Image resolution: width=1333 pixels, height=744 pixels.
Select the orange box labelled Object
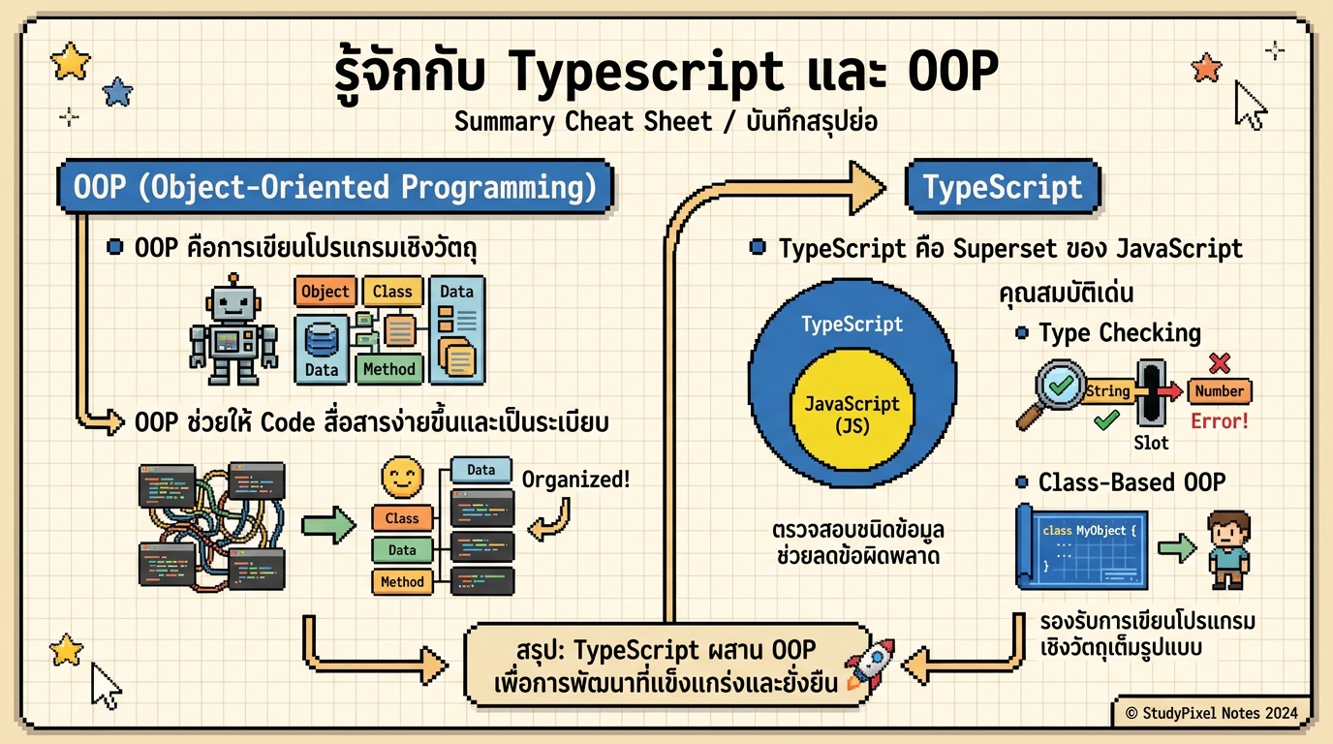pyautogui.click(x=325, y=292)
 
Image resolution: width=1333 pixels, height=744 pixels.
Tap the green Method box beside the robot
pyautogui.click(x=389, y=369)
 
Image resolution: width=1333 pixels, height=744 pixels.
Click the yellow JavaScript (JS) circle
pyautogui.click(x=852, y=413)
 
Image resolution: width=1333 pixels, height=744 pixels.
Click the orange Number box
pyautogui.click(x=1219, y=391)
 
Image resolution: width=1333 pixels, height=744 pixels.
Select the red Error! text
pyautogui.click(x=1219, y=421)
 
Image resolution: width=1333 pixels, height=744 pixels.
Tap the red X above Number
pyautogui.click(x=1220, y=363)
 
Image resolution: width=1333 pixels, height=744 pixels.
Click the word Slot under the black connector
pyautogui.click(x=1151, y=443)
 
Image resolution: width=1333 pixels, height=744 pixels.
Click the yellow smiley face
pyautogui.click(x=402, y=478)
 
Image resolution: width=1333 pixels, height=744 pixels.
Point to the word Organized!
pyautogui.click(x=575, y=479)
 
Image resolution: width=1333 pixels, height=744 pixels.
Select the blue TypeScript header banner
pyautogui.click(x=1002, y=187)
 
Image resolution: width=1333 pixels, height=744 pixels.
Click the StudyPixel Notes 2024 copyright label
pyautogui.click(x=1210, y=713)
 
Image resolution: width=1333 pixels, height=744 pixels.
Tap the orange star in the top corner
pyautogui.click(x=1207, y=67)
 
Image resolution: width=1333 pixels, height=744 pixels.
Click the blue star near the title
pyautogui.click(x=117, y=92)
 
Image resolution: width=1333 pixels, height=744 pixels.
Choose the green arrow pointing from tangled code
pyautogui.click(x=329, y=525)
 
